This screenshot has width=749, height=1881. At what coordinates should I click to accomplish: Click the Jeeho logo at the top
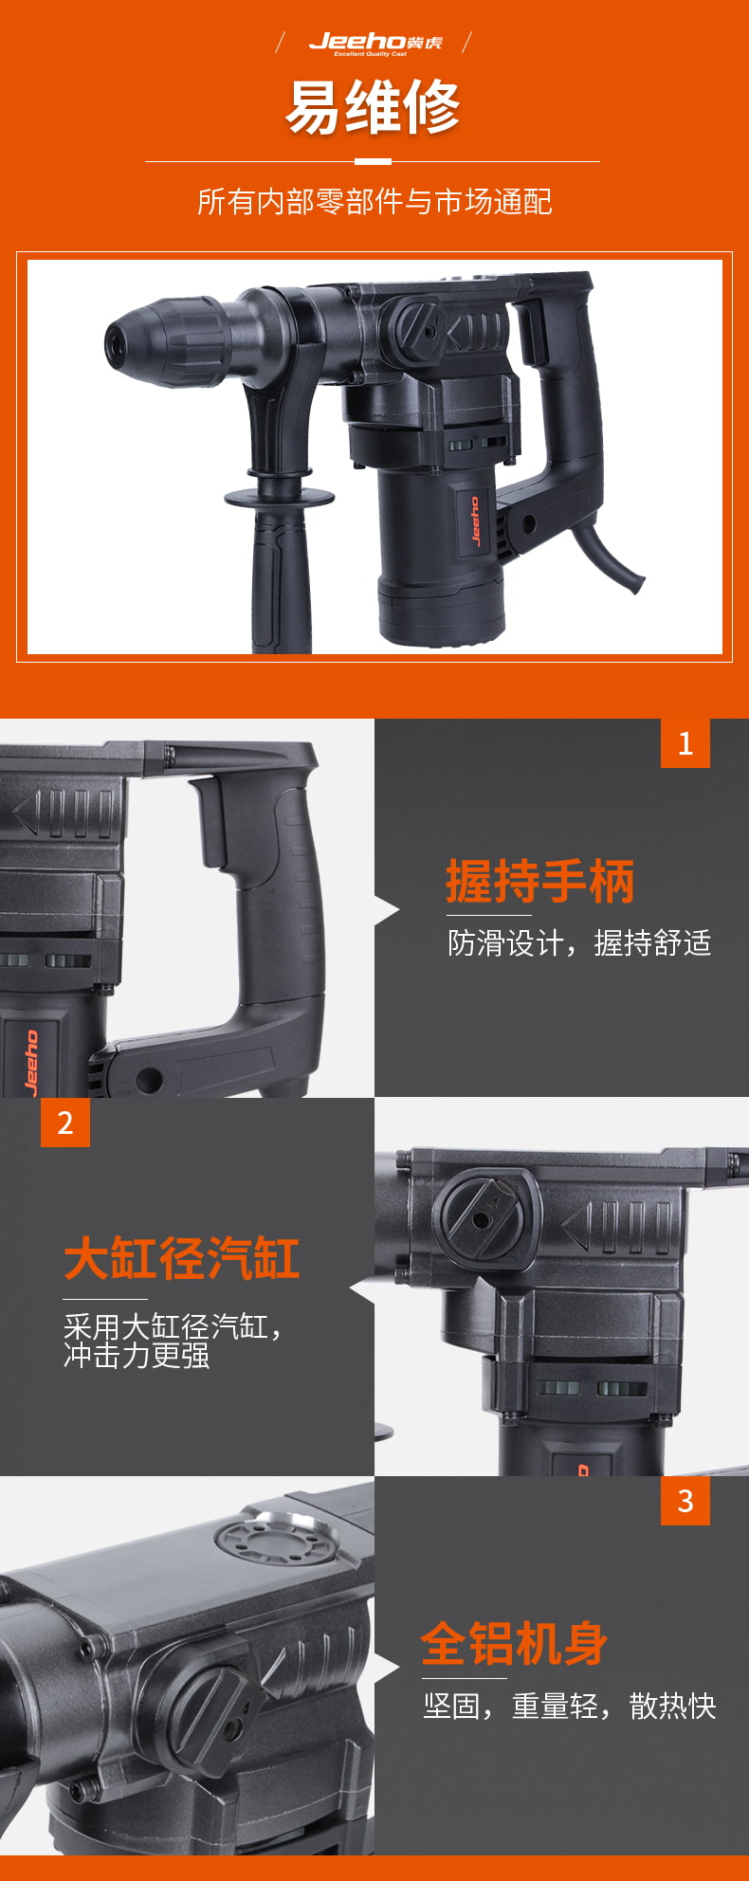pyautogui.click(x=375, y=43)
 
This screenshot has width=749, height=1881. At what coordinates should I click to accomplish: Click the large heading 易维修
pyautogui.click(x=374, y=107)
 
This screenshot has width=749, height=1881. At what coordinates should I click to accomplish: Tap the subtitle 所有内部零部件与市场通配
pyautogui.click(x=374, y=202)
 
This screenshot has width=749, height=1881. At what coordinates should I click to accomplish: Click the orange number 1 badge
pyautogui.click(x=685, y=743)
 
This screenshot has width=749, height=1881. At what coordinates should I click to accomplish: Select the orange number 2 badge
pyautogui.click(x=65, y=1123)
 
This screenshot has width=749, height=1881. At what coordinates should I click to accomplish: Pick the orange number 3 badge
pyautogui.click(x=685, y=1501)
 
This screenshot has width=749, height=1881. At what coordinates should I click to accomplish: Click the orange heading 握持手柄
pyautogui.click(x=540, y=882)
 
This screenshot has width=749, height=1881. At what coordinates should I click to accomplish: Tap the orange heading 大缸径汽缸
pyautogui.click(x=182, y=1259)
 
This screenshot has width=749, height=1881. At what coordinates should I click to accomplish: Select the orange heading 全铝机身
pyautogui.click(x=515, y=1643)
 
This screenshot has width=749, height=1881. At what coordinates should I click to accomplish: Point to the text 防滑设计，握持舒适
pyautogui.click(x=579, y=943)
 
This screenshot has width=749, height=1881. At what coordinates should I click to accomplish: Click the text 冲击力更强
pyautogui.click(x=137, y=1356)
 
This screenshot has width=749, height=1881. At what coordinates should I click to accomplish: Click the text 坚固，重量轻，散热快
pyautogui.click(x=570, y=1707)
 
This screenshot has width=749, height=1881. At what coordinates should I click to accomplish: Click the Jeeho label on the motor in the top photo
pyautogui.click(x=475, y=520)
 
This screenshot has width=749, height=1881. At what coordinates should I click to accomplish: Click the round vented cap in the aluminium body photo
pyautogui.click(x=276, y=1535)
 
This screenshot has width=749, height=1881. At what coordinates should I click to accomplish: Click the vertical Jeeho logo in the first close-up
pyautogui.click(x=30, y=1061)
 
